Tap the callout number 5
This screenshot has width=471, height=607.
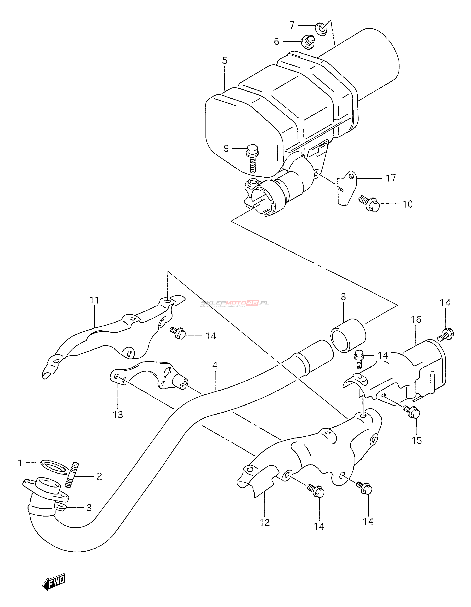click(x=225, y=61)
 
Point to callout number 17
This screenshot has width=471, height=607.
click(x=391, y=178)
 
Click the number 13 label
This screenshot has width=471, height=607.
click(x=118, y=415)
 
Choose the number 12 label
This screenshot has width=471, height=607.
click(x=265, y=523)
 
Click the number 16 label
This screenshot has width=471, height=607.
click(x=416, y=319)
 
